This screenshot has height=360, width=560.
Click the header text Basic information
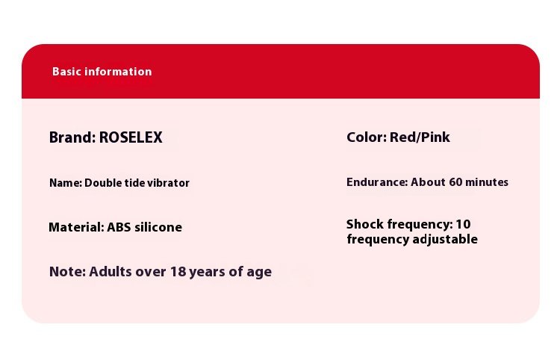coord(102,72)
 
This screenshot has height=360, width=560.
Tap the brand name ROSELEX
coord(131,137)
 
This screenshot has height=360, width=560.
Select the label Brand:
coord(72,137)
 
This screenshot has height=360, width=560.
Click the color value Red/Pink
coord(420,137)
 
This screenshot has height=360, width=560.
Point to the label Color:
coord(367,137)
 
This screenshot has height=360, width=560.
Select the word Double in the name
coord(103,183)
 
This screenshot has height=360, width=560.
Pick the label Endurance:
coord(377,182)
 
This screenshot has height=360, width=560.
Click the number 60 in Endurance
coord(455,182)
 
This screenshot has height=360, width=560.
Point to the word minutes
coord(487,182)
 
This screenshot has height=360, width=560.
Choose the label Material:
coord(76,227)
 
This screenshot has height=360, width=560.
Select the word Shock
coord(365,224)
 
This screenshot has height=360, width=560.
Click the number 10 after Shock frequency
coord(463,224)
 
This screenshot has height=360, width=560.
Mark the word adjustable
coord(445,239)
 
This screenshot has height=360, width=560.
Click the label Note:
coord(67,272)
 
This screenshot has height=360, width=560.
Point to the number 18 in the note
coord(178,272)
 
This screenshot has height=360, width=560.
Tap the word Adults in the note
coord(110,272)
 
